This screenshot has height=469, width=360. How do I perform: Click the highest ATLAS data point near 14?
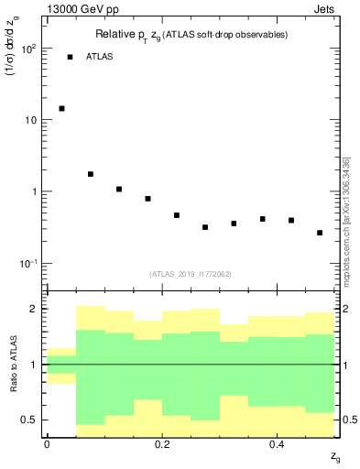pos(61,108)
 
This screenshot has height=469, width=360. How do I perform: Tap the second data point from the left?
pos(91,174)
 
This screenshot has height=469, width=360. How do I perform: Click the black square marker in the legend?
pos(70,57)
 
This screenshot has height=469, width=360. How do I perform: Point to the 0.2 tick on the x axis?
pos(162,445)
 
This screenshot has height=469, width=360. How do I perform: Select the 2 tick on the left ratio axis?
pos(36,310)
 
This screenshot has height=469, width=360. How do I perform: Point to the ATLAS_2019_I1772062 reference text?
pos(191,274)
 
